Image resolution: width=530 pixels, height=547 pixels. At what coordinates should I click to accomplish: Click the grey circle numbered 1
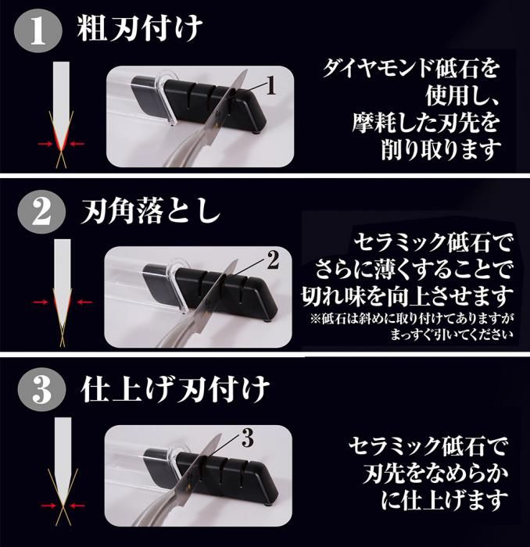(38, 31)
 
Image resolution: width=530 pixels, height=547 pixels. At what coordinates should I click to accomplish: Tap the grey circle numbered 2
(42, 212)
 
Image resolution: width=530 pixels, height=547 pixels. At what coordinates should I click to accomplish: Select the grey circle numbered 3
(42, 390)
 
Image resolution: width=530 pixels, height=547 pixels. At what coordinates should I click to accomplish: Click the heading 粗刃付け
(140, 30)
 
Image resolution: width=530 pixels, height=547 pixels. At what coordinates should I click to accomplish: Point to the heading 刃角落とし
(150, 212)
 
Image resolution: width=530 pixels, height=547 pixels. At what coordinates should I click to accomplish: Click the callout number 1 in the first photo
(270, 86)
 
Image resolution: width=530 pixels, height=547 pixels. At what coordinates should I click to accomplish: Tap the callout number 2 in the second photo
(273, 260)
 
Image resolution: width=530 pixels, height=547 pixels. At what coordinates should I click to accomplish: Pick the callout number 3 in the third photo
(247, 438)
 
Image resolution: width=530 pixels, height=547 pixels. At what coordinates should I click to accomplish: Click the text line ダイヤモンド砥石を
(411, 69)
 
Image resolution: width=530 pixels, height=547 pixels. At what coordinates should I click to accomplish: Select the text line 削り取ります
(441, 149)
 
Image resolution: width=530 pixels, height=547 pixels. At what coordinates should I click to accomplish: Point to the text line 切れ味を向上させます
(407, 296)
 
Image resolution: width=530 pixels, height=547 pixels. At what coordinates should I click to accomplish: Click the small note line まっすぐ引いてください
(452, 335)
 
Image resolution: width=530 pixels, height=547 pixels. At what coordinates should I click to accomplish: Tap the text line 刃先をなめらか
(435, 473)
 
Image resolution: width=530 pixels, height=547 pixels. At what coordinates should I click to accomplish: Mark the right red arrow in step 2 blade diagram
(84, 302)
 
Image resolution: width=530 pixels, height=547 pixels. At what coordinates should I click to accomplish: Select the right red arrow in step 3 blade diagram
(77, 505)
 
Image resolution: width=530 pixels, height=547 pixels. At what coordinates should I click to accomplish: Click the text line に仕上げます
(444, 500)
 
